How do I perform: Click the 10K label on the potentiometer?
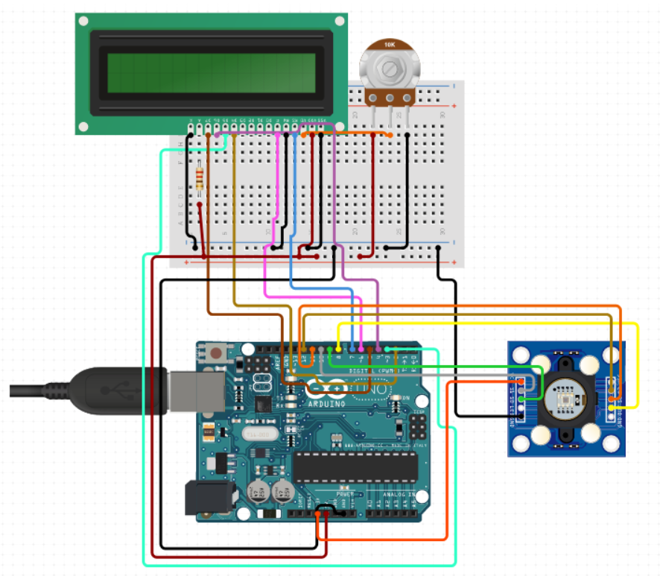389,45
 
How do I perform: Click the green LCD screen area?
211,72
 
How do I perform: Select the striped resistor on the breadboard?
200,179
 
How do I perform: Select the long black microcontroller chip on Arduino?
355,466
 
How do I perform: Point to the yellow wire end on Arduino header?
339,349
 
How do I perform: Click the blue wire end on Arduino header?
352,349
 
